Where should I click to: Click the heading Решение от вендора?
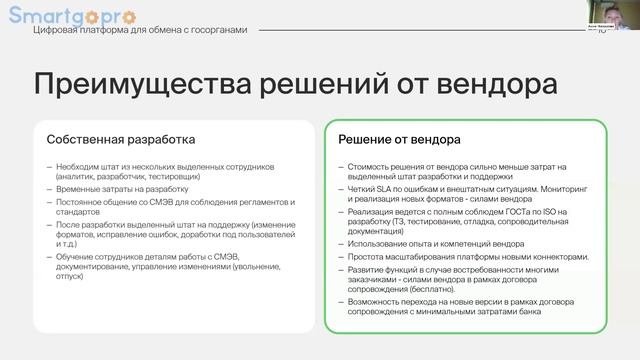399,139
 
